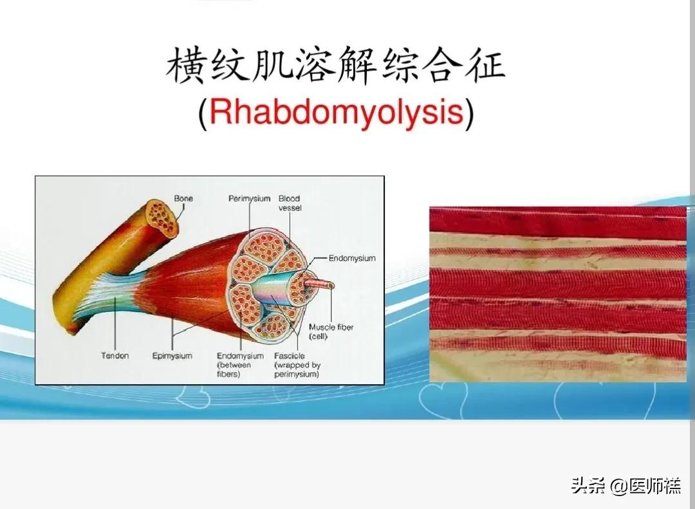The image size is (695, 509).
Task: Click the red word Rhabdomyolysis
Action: click(336, 113)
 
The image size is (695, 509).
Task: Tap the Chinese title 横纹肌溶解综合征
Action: click(335, 68)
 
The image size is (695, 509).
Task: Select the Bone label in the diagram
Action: click(183, 199)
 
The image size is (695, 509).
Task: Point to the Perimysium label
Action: click(249, 199)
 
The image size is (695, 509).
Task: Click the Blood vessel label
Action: click(290, 203)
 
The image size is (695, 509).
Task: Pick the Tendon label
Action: click(115, 356)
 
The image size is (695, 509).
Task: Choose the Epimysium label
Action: click(172, 356)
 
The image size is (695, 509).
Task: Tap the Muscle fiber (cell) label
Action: click(331, 332)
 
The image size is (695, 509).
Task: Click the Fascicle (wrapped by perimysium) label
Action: click(297, 365)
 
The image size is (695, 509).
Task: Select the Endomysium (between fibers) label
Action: click(240, 365)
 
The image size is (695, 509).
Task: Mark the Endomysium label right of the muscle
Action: click(351, 259)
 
